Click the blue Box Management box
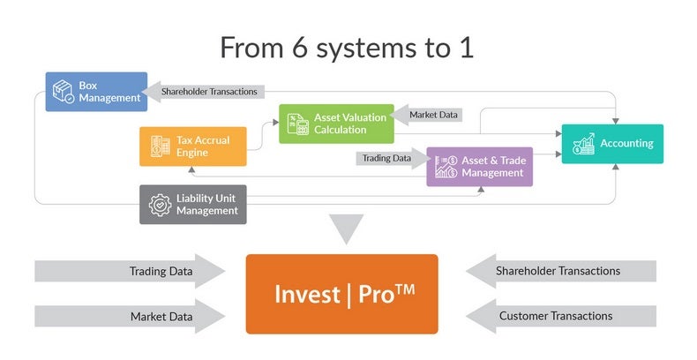coord(96,92)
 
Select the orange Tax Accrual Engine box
coord(192,146)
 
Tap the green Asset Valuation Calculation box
coord(336,124)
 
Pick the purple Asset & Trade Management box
coord(479,166)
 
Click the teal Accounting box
coord(611,143)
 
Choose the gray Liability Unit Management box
coord(192,204)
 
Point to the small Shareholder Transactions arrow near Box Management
coord(206,90)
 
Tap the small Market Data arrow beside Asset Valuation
coord(428,114)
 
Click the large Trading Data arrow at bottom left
coord(128,271)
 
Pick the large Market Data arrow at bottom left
coord(128,316)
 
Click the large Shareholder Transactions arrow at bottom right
coord(559,271)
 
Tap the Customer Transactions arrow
coord(559,316)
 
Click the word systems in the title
coord(378,48)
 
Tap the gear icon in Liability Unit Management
coord(160,204)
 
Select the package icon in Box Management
coord(64,92)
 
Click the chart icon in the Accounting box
coord(583,144)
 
